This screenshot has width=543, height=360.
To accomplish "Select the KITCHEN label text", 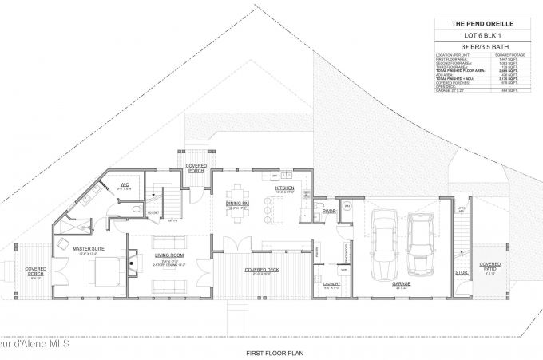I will pos(285,188).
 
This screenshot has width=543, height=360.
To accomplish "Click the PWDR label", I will pos(328,212).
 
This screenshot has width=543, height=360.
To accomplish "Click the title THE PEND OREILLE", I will pos(486,24).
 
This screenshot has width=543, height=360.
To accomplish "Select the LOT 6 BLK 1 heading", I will pos(486,37).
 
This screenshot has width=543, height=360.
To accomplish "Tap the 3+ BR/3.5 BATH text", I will pos(486,49).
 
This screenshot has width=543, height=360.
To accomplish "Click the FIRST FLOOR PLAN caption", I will pos(271,352).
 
